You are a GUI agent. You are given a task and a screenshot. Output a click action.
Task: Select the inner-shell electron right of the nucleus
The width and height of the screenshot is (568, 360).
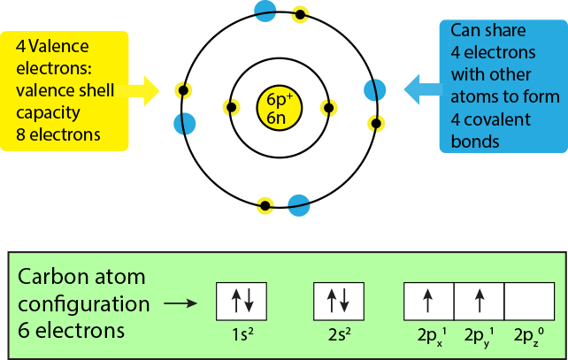[329, 108]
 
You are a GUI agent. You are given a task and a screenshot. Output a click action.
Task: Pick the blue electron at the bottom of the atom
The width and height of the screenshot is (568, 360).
[299, 206]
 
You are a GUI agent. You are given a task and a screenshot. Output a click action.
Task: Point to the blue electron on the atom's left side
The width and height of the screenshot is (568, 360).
[184, 123]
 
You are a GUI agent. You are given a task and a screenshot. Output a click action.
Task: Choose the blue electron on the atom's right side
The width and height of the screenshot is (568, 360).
[375, 90]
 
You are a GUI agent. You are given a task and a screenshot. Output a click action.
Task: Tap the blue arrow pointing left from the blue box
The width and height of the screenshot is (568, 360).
[419, 88]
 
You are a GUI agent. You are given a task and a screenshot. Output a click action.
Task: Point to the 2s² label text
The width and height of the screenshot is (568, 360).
[339, 336]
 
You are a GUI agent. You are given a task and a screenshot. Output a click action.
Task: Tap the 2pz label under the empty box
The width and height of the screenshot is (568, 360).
[529, 337]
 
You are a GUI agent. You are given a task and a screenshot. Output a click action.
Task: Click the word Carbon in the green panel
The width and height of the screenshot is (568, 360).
[54, 276]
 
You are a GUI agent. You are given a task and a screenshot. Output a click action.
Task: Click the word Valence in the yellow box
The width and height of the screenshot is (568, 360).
[58, 45]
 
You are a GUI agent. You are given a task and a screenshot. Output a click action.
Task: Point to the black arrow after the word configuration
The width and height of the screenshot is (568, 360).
[181, 303]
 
